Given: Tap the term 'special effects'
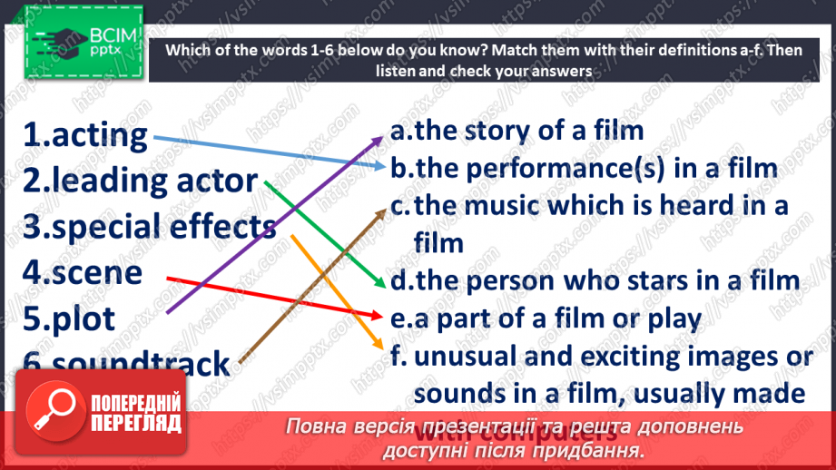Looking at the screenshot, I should [x=163, y=227].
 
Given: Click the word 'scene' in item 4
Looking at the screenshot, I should [x=94, y=272].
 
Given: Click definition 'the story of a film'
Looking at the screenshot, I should [x=527, y=131].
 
